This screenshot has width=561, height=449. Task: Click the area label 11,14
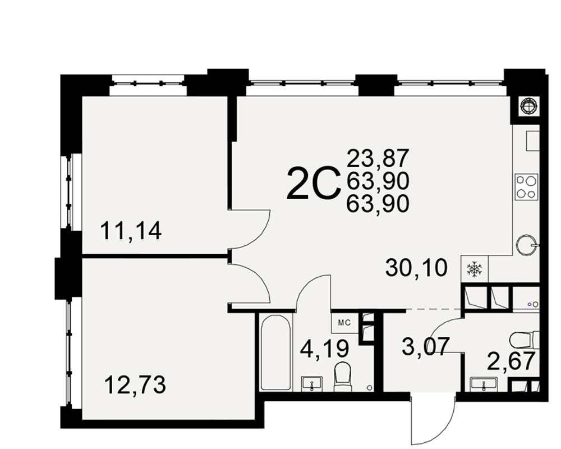(131, 231)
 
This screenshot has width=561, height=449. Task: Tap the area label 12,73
(135, 385)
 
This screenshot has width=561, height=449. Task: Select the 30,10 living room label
(416, 268)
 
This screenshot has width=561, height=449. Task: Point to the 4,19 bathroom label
(324, 349)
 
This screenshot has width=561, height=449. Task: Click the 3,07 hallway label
(426, 347)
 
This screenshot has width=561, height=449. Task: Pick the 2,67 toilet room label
(511, 361)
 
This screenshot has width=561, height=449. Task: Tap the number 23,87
(378, 158)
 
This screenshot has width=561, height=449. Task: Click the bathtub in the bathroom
(275, 352)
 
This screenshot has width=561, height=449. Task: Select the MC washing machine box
(344, 323)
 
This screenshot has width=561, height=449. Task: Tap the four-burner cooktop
(526, 186)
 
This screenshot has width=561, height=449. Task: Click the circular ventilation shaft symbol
(530, 106)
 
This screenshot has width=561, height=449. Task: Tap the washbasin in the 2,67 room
(484, 384)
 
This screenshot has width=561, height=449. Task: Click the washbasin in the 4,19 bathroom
(312, 383)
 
